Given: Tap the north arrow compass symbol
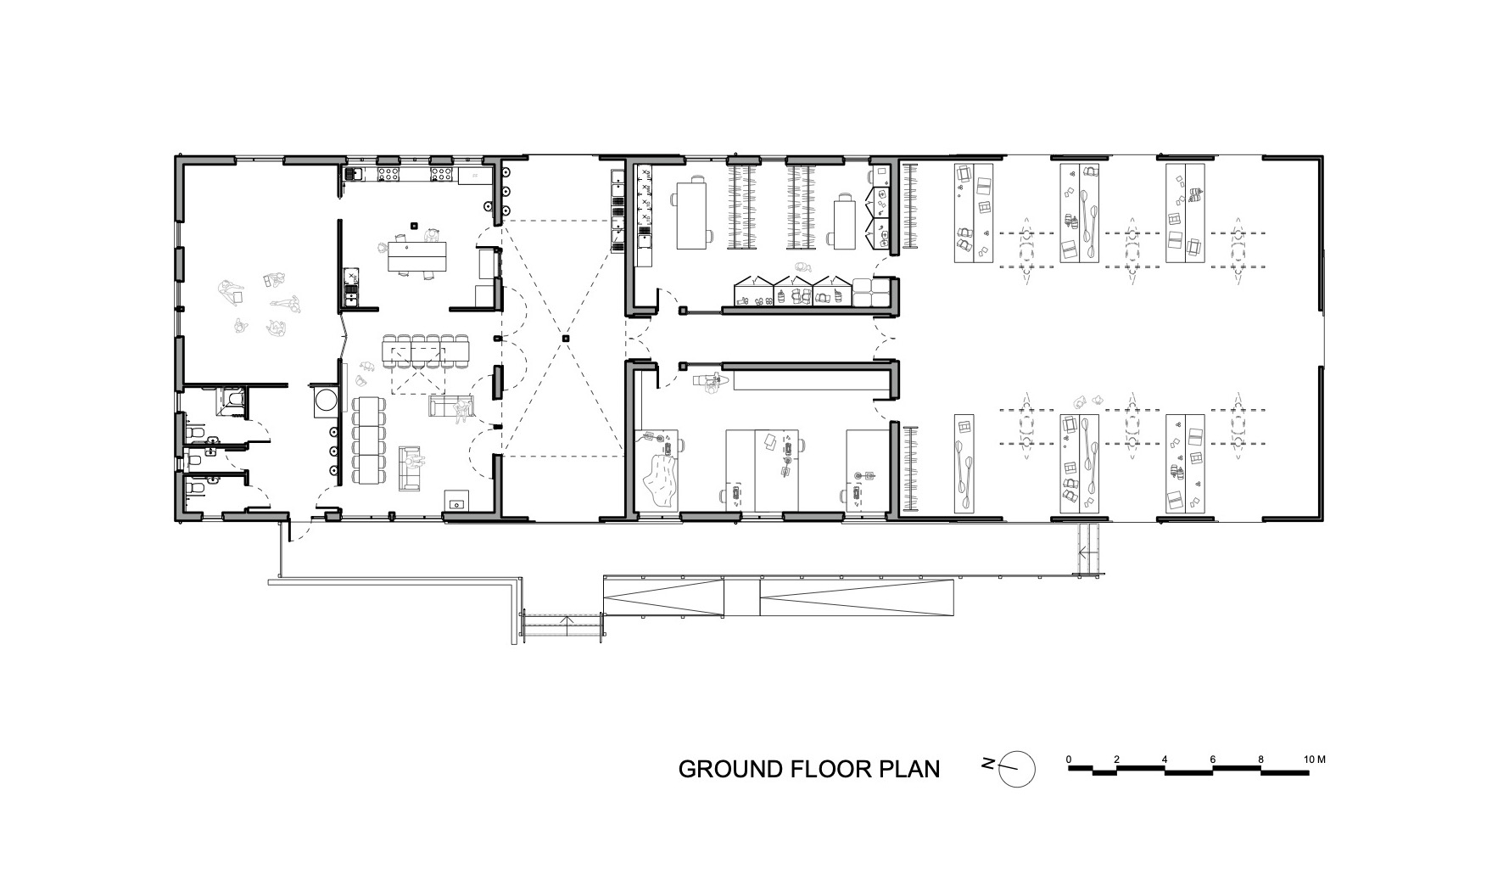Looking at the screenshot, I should [x=1016, y=769].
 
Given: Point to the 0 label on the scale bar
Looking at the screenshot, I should [x=1069, y=759].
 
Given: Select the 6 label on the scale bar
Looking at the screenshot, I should [x=1213, y=759].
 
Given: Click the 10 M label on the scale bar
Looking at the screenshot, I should [x=1314, y=759].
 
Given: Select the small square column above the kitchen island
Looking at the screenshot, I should [x=413, y=226].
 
